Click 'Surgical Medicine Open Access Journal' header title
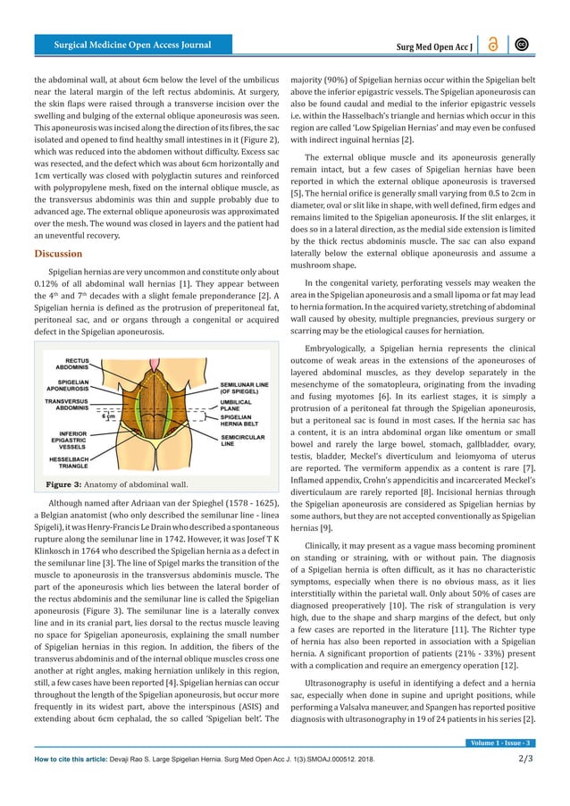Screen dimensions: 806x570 [x=133, y=45]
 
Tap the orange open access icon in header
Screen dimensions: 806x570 [x=494, y=45]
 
